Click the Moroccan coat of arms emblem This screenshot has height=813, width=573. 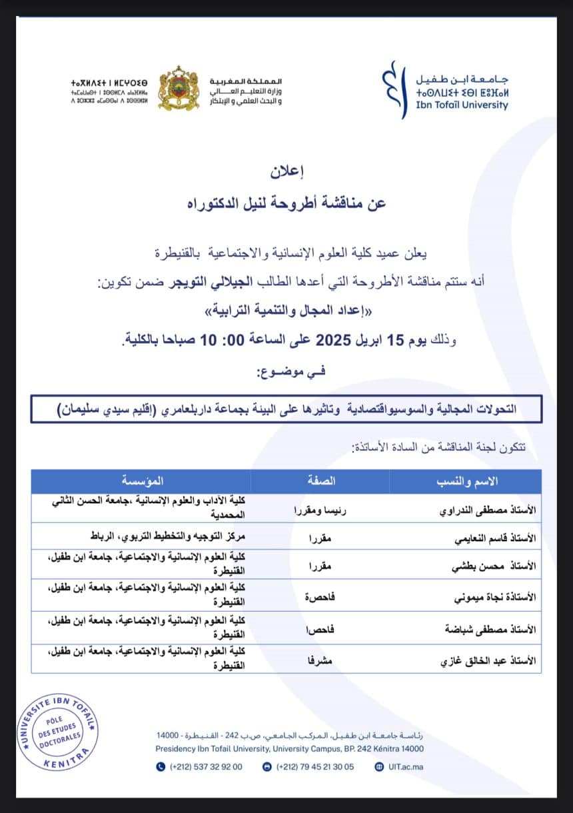[178, 88]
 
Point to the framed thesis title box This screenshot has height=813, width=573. [286, 408]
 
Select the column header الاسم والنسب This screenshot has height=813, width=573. [465, 480]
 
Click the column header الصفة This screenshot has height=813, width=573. [320, 480]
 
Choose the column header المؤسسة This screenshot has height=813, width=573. [142, 480]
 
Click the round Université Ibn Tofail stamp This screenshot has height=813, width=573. [57, 730]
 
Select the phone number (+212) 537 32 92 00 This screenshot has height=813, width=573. [200, 766]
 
